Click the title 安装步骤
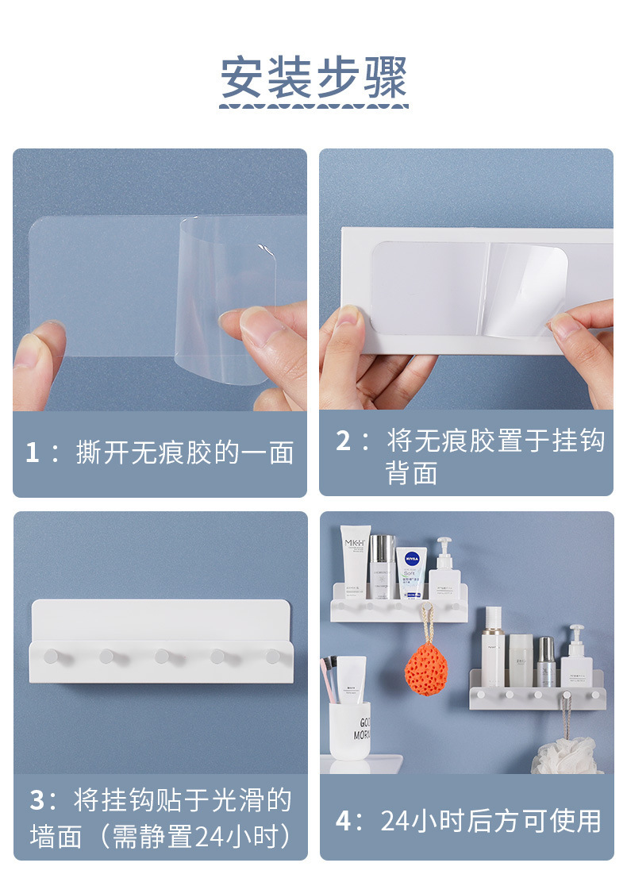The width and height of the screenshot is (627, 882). click(313, 78)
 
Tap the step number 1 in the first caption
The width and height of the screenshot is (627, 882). click(32, 453)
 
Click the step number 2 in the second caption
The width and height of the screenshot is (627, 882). click(343, 441)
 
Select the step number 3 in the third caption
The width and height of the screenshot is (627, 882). click(37, 800)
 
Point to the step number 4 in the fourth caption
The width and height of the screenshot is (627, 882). click(344, 821)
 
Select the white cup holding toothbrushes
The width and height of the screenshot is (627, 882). click(350, 730)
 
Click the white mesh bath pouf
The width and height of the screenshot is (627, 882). click(565, 756)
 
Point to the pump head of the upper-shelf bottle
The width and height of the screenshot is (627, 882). click(444, 545)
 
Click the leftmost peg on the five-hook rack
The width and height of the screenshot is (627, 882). click(52, 656)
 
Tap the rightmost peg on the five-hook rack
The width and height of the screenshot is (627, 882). click(274, 656)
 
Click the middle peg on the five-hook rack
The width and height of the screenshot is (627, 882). click(163, 656)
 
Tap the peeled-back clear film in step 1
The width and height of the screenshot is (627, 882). click(225, 298)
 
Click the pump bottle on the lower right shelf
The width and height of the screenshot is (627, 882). click(576, 657)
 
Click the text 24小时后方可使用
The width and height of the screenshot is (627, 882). click(491, 821)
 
